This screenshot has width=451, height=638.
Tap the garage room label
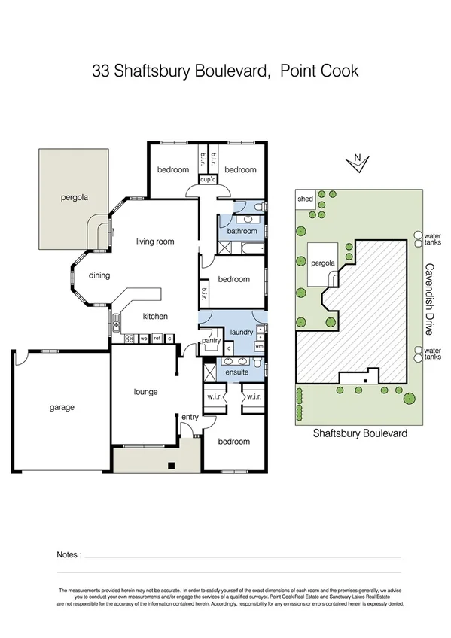tap(62, 407)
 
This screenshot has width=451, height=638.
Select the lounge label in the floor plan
tap(145, 392)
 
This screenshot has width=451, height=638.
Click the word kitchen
tap(155, 316)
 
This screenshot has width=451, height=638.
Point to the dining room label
tap(99, 275)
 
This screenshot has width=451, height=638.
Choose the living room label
tap(155, 242)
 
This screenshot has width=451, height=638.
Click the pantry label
tap(210, 341)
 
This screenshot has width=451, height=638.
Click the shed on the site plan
tap(305, 199)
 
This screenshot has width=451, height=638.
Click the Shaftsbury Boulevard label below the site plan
tap(360, 434)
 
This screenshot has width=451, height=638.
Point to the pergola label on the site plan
tap(322, 264)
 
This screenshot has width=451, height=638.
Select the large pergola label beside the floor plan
tap(75, 199)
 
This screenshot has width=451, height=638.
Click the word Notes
tap(69, 554)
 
